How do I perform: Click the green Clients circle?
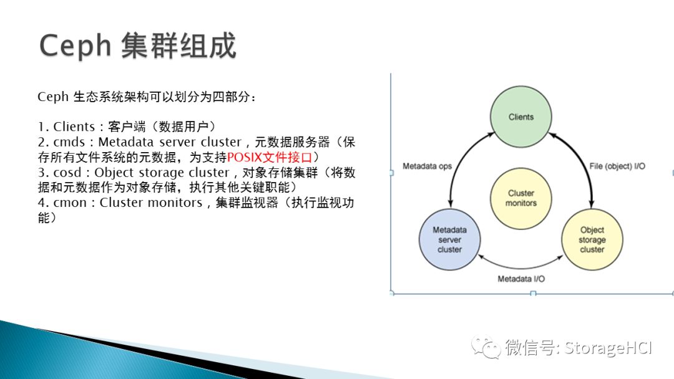click(x=521, y=117)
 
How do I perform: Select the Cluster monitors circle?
click(x=521, y=198)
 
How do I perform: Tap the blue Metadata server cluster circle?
click(x=449, y=239)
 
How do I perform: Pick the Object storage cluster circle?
click(x=592, y=239)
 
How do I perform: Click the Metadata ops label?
click(x=427, y=166)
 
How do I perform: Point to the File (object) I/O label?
click(x=617, y=166)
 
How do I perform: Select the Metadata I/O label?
click(x=521, y=279)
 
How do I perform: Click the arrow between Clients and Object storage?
click(x=581, y=163)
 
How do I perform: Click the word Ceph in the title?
click(x=76, y=46)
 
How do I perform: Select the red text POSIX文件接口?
click(x=270, y=157)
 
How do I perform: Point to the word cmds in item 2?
click(x=69, y=142)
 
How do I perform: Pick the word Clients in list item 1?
click(x=74, y=127)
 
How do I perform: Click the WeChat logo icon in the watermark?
click(x=486, y=347)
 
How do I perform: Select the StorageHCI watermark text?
click(x=608, y=348)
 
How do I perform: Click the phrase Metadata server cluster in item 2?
click(x=170, y=142)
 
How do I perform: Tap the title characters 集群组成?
click(x=179, y=46)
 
